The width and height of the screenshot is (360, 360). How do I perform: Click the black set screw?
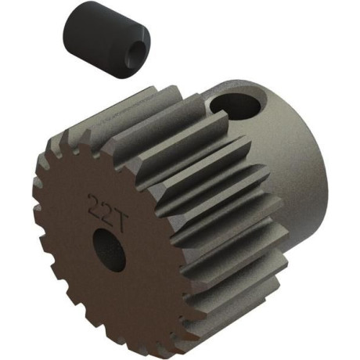coord(107,39)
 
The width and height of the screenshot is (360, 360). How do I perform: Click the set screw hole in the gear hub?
coord(236,106)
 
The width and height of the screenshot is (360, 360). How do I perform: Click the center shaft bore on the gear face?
coord(110,250)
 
